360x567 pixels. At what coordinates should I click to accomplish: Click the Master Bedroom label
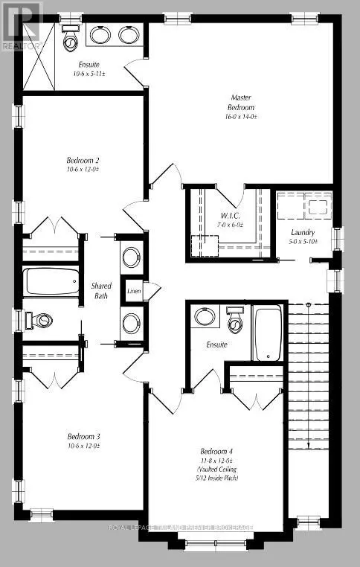tap(240, 102)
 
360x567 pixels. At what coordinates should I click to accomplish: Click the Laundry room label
tap(303, 232)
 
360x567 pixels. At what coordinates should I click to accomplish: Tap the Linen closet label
tap(134, 291)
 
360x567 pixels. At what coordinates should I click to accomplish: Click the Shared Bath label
tap(101, 290)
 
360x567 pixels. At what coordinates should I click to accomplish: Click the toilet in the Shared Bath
tap(40, 321)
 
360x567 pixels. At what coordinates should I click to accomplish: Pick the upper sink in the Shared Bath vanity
tap(131, 258)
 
